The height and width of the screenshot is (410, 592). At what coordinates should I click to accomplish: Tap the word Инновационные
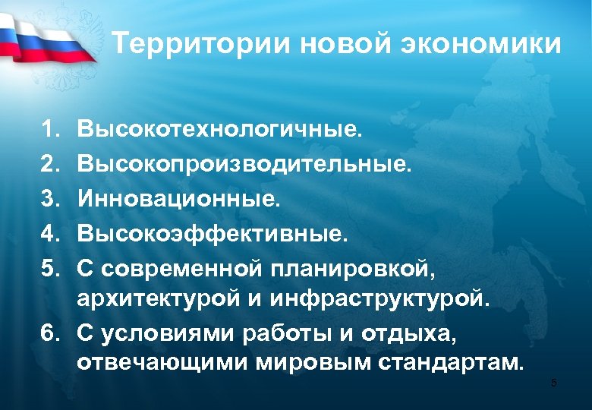[x=179, y=200]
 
